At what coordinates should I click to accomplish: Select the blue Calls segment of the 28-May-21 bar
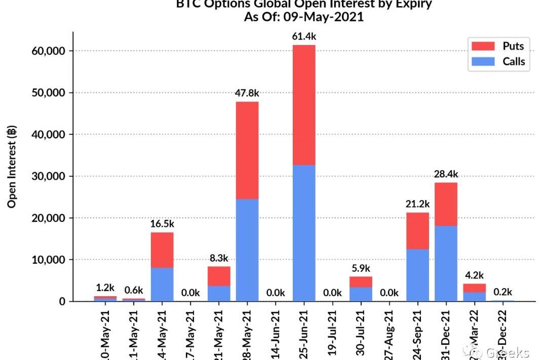(247, 250)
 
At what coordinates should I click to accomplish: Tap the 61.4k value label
(304, 36)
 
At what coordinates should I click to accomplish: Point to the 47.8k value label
(247, 93)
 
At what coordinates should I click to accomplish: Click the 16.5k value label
(162, 223)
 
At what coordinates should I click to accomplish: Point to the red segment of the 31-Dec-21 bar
(446, 204)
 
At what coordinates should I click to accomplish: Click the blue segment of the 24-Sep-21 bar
(417, 275)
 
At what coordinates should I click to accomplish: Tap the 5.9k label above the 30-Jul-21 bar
(361, 268)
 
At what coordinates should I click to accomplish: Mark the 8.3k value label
(219, 258)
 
